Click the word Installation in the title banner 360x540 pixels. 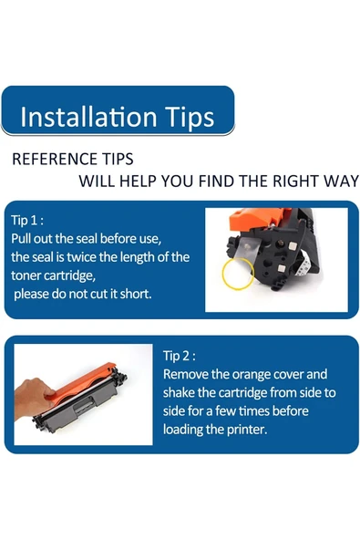coord(88,117)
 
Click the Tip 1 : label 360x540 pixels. coord(27,221)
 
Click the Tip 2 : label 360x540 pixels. coord(180,356)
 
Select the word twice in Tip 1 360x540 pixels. coord(80,257)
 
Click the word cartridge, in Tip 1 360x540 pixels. coord(69,275)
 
